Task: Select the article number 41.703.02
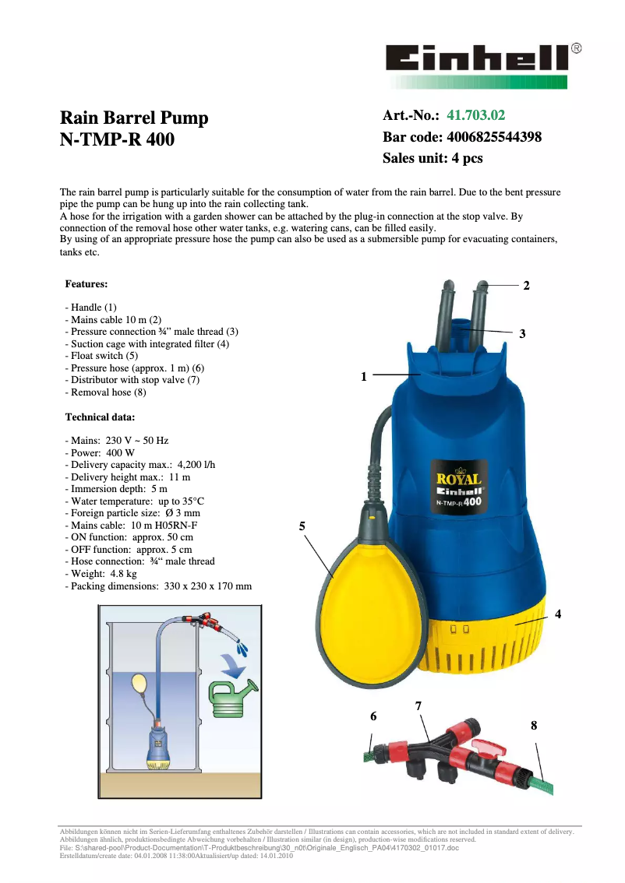tap(476, 116)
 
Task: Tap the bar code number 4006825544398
tap(494, 137)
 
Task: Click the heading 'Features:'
tap(87, 284)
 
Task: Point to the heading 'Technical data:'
tap(100, 417)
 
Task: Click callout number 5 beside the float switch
tap(302, 527)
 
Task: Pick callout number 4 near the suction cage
tap(558, 614)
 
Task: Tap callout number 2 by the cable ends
tap(527, 286)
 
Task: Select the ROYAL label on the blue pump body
tap(458, 480)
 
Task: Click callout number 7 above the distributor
tap(418, 706)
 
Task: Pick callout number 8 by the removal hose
tap(534, 725)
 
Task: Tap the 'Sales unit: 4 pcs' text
tap(433, 158)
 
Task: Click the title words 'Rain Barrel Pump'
tap(134, 118)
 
